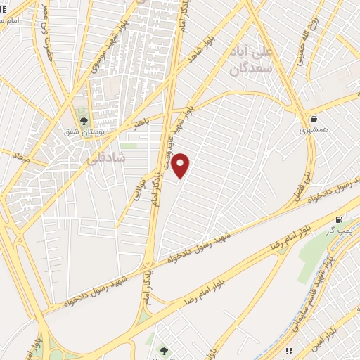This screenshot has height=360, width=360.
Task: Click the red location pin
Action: pyautogui.click(x=181, y=165)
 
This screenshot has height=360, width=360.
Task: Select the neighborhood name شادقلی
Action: pyautogui.click(x=104, y=159)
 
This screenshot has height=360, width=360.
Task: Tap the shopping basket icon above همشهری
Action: pyautogui.click(x=313, y=119)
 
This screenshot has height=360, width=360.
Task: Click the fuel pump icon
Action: pyautogui.click(x=341, y=219)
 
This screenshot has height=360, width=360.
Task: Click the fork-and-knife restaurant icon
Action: pyautogui.click(x=288, y=350)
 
